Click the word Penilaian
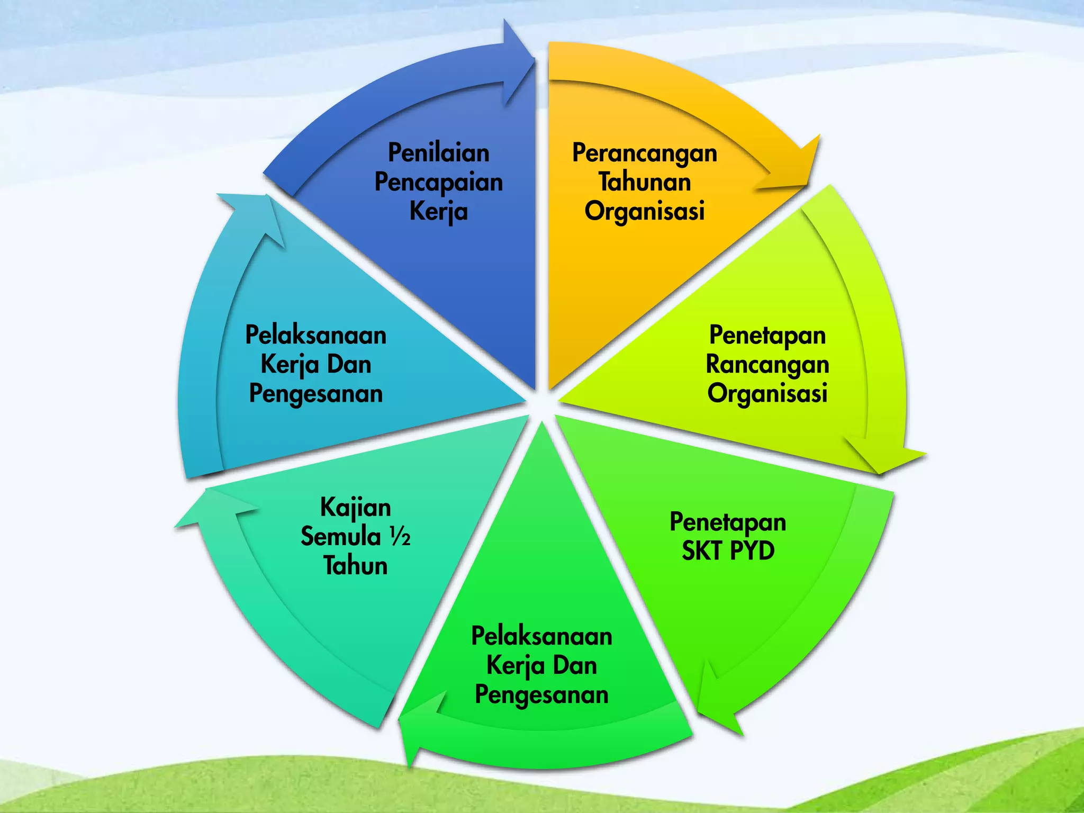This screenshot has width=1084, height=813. click(x=439, y=153)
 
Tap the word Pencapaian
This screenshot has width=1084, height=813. click(x=439, y=183)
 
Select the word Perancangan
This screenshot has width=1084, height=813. click(x=645, y=153)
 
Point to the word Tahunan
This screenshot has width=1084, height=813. click(x=645, y=182)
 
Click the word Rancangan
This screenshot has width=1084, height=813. click(x=767, y=365)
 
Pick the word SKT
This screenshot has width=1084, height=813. click(x=702, y=551)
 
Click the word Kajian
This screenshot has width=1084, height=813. click(x=356, y=508)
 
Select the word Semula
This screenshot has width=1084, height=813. click(x=341, y=537)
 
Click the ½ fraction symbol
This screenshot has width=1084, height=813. click(x=400, y=537)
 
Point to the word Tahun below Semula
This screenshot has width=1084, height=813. click(x=356, y=565)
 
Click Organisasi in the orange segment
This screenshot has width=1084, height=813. click(x=645, y=211)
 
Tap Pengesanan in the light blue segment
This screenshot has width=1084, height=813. click(x=316, y=394)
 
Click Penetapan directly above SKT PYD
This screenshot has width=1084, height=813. click(x=728, y=522)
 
